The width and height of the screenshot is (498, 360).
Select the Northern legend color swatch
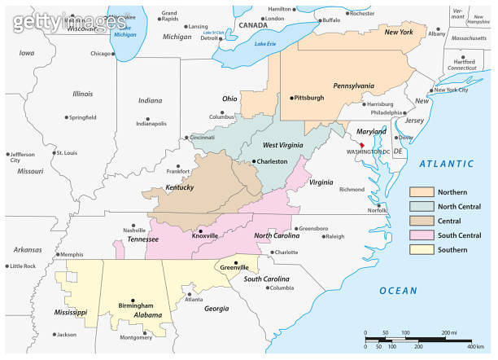click(422, 191)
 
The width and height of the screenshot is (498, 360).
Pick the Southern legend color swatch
click(422, 249)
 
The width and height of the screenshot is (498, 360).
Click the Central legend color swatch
click(422, 221)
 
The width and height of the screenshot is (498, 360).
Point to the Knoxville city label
click(203, 235)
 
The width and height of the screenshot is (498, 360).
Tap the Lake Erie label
click(266, 43)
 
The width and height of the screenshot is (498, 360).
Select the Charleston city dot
click(253, 162)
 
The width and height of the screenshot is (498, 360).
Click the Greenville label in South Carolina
click(235, 266)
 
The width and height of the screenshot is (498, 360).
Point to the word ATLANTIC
click(446, 165)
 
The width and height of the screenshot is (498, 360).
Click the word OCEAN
click(398, 291)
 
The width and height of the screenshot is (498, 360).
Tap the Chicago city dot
click(114, 55)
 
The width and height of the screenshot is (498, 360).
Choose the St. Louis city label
click(65, 152)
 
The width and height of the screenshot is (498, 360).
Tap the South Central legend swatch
click(422, 235)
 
